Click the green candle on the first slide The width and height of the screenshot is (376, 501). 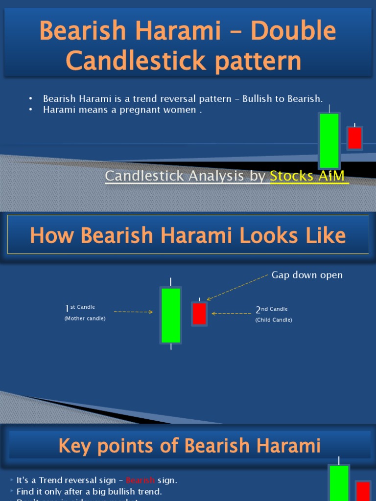coord(329,141)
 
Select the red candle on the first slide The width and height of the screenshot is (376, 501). coord(354,138)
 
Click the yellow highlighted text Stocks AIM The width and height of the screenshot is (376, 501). coord(307,176)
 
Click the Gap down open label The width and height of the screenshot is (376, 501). coord(307,275)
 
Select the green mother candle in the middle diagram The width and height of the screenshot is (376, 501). coord(171,316)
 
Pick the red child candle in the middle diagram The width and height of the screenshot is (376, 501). coord(199,314)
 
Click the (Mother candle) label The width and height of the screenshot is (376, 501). coord(85,319)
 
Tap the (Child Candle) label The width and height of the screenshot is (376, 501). coord(274,320)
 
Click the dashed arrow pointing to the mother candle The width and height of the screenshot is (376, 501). coord(133,312)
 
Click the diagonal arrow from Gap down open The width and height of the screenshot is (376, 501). coord(237,287)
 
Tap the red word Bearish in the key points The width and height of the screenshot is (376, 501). coord(140,480)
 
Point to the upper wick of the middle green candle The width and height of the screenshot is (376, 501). coord(171,282)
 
